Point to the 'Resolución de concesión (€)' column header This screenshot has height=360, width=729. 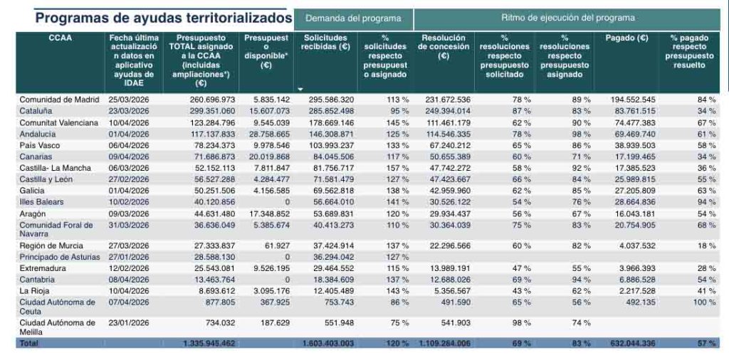point(443,46)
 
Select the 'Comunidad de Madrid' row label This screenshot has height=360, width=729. point(59,100)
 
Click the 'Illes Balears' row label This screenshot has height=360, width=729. point(43,202)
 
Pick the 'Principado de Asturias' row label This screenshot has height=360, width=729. point(59,256)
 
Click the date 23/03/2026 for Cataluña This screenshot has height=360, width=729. point(128,110)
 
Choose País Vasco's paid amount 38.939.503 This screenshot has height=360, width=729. point(633,145)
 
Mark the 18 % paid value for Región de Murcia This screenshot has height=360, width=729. point(706,245)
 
